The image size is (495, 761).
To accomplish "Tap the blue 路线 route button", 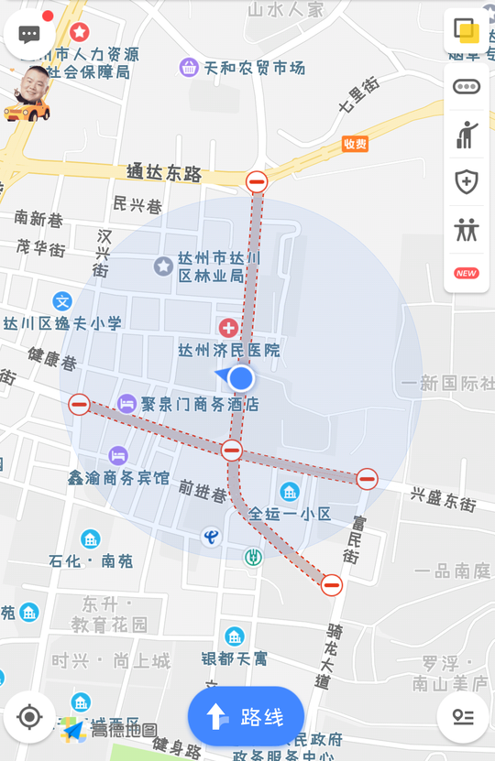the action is pos(246,717).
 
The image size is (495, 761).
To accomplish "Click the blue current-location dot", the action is pos(241,378).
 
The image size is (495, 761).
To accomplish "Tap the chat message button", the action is pos(29,35).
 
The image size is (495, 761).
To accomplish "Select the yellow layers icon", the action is pos(467,32).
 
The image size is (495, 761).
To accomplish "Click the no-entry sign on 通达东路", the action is pos(257,181).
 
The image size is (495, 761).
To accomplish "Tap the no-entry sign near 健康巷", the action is pos(80,404).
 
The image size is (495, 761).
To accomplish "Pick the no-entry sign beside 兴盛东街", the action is pos(368,478).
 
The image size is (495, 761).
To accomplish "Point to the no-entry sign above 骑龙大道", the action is pos(332,584).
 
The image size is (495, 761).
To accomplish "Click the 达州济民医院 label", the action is pos(228,350).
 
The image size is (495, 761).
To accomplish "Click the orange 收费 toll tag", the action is pos(355,144).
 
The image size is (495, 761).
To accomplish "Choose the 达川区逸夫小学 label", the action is pos(61,323).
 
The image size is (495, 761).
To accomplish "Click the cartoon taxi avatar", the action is pos(27,94).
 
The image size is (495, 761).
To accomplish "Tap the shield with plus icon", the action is pos(467,181).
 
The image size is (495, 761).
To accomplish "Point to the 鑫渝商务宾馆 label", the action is pos(118,477).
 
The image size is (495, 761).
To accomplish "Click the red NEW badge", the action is pos(467,273).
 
